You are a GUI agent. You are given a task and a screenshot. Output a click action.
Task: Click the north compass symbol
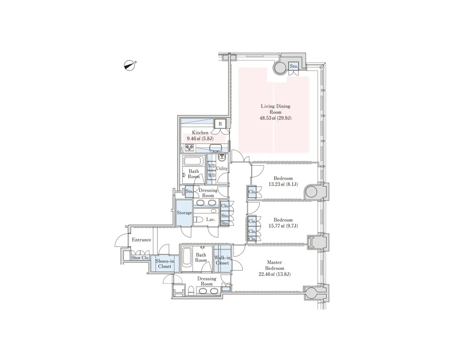(x=129, y=65)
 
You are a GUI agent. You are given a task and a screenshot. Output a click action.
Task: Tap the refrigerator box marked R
(x=220, y=124)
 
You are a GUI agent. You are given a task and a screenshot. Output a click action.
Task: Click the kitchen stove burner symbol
(x=189, y=147)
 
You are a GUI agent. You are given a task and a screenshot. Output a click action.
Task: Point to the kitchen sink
(x=215, y=148)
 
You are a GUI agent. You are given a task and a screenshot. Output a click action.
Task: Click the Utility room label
(x=222, y=168)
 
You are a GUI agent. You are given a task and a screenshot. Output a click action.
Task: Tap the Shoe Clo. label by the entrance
(x=140, y=258)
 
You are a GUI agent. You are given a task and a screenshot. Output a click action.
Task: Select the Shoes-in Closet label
(x=165, y=263)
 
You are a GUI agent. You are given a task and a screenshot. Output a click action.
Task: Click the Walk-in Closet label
(x=223, y=260)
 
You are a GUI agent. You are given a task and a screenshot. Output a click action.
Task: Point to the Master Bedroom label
(x=274, y=265)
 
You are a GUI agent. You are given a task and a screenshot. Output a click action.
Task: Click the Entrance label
(x=141, y=240)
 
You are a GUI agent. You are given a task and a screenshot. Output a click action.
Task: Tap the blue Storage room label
(x=184, y=213)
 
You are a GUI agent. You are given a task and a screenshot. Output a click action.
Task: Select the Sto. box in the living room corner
(x=293, y=66)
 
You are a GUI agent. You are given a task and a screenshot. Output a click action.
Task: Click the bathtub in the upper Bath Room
(x=194, y=161)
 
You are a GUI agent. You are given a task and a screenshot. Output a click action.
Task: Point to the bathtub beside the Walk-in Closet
(x=187, y=259)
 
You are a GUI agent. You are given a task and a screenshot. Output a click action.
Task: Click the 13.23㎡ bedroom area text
(x=283, y=184)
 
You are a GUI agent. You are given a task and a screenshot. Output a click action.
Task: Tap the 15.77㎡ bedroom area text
(x=283, y=226)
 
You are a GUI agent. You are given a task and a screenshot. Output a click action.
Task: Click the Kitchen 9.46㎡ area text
(x=200, y=139)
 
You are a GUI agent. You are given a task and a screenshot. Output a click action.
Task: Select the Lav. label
(x=211, y=220)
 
